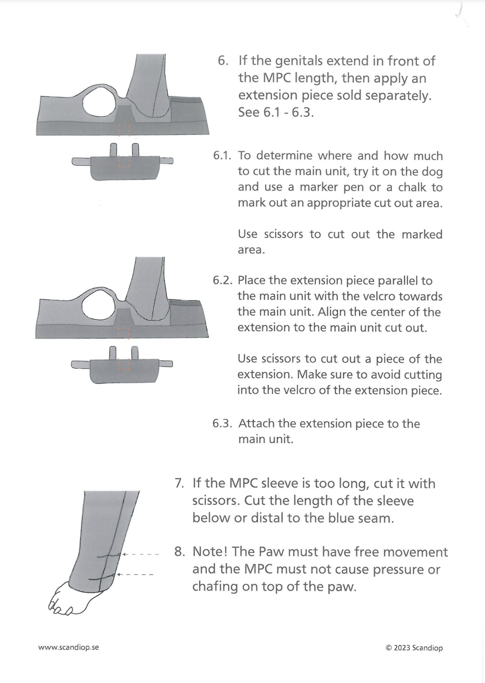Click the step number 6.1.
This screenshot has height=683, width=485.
pos(222,156)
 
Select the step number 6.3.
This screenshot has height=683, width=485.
pos(222,424)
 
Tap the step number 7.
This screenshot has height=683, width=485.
pos(179,483)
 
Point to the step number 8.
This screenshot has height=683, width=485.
pos(179,552)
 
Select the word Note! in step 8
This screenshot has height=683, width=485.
pos(209,552)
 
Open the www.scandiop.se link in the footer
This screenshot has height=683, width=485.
pos(68,647)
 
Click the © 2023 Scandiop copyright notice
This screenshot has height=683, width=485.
pos(414,648)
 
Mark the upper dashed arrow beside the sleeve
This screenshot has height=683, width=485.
pos(140,554)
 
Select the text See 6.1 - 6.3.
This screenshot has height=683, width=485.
pos(276,112)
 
